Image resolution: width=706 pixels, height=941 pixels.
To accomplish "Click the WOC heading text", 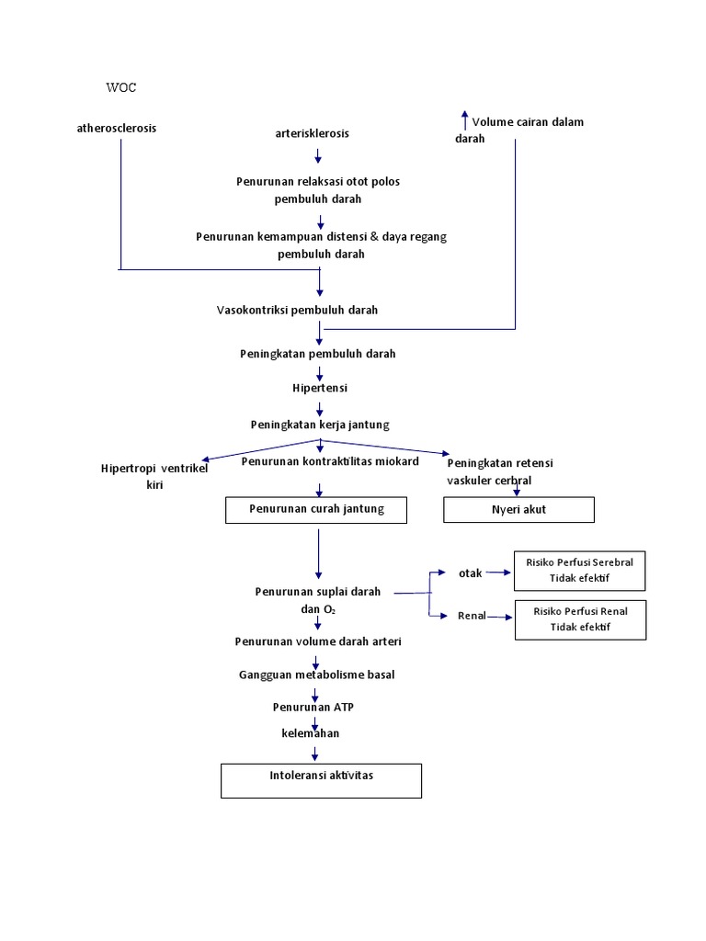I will [x=120, y=88].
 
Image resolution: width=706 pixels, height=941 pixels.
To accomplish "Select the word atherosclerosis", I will [x=117, y=128].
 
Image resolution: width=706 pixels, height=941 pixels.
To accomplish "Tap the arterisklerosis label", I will [x=313, y=133].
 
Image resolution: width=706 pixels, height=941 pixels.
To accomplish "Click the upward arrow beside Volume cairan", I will [x=464, y=119].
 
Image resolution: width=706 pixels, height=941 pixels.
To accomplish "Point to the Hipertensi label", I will [x=320, y=388].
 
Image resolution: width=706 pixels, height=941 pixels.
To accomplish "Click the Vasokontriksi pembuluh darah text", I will [x=297, y=310].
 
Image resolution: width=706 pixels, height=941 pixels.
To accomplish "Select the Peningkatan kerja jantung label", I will [x=320, y=425].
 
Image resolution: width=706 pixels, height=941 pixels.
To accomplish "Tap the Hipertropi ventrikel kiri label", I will [x=154, y=476].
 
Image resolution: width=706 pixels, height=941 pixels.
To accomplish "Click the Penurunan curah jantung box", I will [x=316, y=509].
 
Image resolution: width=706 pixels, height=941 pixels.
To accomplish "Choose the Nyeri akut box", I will [x=518, y=509].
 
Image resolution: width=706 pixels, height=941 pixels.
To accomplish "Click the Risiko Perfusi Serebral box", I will [x=579, y=571].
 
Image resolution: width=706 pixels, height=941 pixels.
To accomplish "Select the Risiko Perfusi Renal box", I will [x=579, y=619].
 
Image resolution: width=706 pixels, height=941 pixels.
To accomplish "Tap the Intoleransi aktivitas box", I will [x=321, y=779].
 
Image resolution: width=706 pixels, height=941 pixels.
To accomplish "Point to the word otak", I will [x=470, y=573].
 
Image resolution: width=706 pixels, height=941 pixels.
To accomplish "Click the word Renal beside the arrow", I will [x=472, y=616].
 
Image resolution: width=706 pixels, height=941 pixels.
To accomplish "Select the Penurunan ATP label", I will [x=313, y=707].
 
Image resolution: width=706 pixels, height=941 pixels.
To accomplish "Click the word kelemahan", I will [x=310, y=733].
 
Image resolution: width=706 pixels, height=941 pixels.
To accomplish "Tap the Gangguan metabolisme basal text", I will [x=316, y=675].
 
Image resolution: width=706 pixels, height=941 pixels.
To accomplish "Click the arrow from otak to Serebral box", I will [x=497, y=573].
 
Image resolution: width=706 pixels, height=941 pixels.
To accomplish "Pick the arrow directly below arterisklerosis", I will [x=318, y=156].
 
